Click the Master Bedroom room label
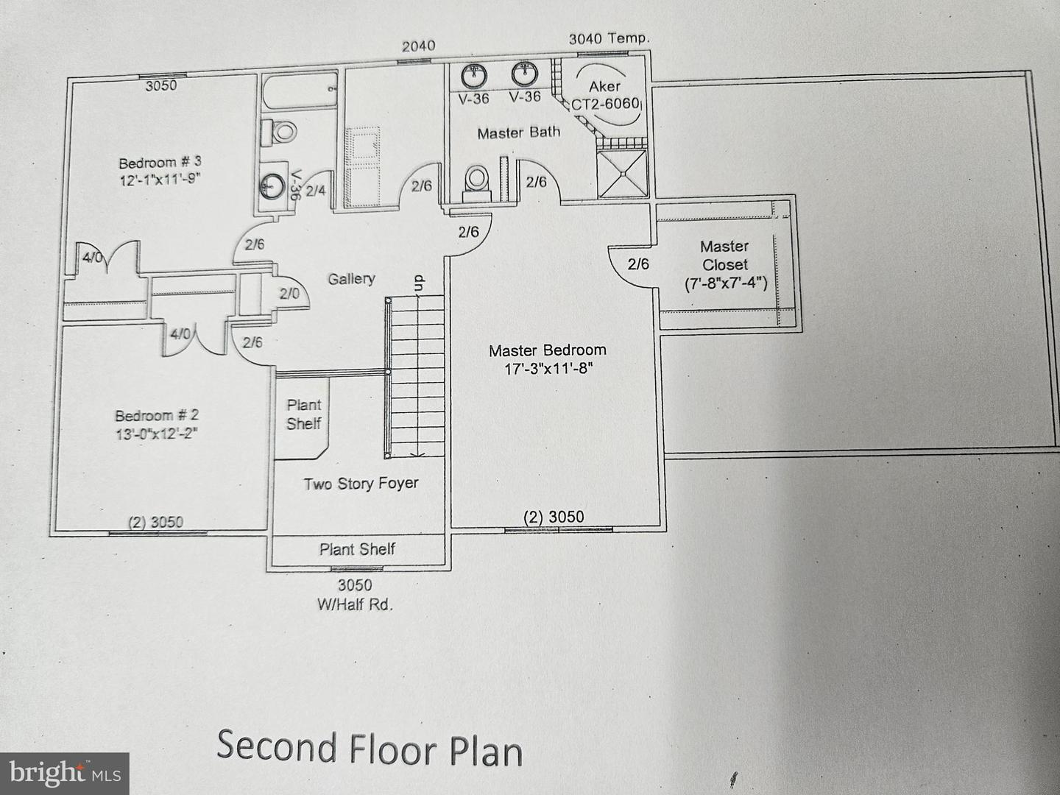pos(548,350)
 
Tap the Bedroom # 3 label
pos(160,162)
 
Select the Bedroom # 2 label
pos(157,416)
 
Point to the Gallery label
pos(352,279)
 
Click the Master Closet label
pos(724,256)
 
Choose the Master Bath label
pos(519,132)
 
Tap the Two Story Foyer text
pos(361,484)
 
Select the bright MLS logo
pos(64,773)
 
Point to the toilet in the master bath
pos(477,183)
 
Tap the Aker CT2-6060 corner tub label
pos(605,95)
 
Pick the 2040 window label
pos(419,46)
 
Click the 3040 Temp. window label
pos(609,38)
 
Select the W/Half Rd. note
pos(355,605)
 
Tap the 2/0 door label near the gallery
pos(289,294)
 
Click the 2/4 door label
pos(316,191)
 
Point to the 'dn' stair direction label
pos(419,283)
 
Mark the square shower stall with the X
pos(622,174)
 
